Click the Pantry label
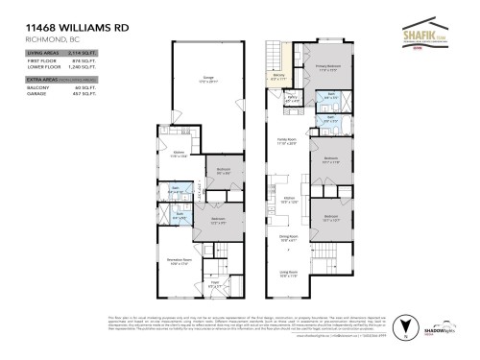pos(292,97)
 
